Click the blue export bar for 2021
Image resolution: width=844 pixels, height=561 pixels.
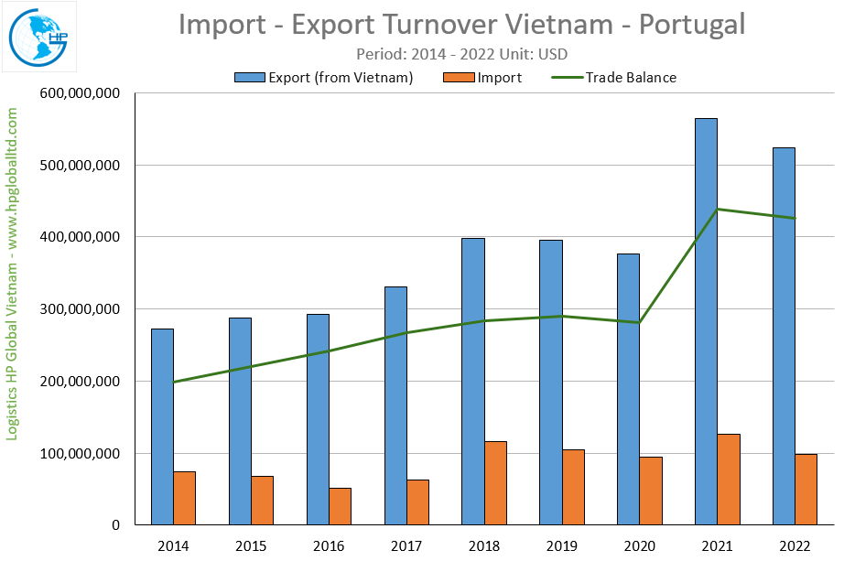coord(706,321)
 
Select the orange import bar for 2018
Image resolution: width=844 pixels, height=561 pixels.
coord(495,483)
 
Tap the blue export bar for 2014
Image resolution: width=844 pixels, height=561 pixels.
coord(162,426)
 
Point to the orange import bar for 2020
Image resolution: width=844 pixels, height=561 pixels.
coord(651,491)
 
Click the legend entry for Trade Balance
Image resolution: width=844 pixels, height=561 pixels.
coord(631,78)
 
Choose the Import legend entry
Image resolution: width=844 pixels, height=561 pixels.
coord(499,78)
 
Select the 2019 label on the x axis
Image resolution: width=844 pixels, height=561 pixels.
coord(562,546)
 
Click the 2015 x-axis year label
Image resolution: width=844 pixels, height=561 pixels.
coord(251,546)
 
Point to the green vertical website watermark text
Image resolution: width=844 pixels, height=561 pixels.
coord(13,275)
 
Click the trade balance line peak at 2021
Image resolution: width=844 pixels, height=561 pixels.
coord(717,210)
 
